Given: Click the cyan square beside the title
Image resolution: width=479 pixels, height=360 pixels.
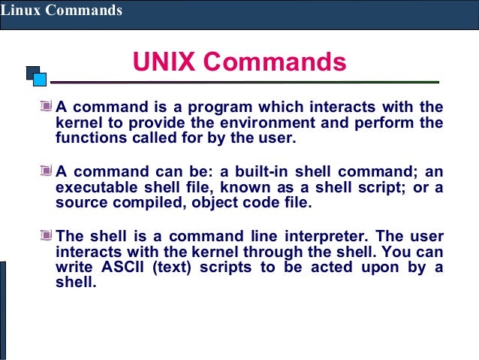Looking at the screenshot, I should pyautogui.click(x=40, y=78).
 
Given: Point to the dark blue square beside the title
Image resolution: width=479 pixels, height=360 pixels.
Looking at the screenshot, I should pyautogui.click(x=32, y=72).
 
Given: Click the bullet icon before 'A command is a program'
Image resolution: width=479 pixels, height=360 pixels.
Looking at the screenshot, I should pyautogui.click(x=47, y=107).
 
